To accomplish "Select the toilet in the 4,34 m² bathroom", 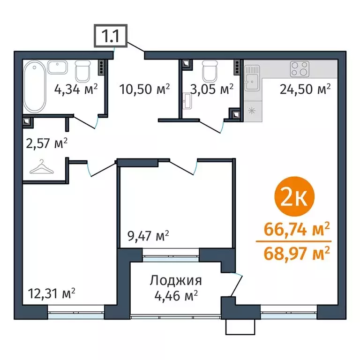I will (83, 72).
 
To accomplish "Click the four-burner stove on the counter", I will (299, 69).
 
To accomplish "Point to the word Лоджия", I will (176, 281).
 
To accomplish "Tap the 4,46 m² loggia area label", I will (176, 295).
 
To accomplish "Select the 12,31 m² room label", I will (52, 294).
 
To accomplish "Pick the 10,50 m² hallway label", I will (143, 89).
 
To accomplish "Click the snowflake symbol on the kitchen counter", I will (252, 111).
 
